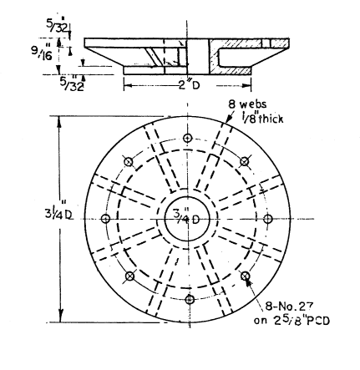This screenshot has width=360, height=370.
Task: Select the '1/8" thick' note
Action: pyautogui.click(x=261, y=118)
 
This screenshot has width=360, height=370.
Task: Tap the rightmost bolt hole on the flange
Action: pyautogui.click(x=267, y=219)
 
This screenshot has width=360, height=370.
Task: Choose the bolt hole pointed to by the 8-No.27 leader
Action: pyautogui.click(x=245, y=275)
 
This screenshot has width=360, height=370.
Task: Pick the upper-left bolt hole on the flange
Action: pyautogui.click(x=130, y=162)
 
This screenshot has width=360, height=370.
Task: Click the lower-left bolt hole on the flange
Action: pyautogui.click(x=130, y=276)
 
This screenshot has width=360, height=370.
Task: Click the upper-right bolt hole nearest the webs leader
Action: pyautogui.click(x=245, y=161)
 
